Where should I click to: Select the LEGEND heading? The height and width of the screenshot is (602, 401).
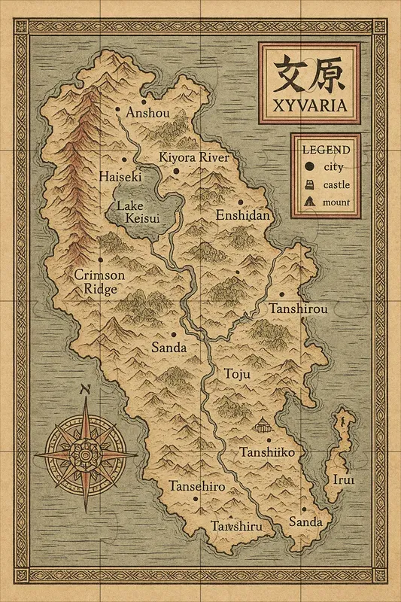point(326,149)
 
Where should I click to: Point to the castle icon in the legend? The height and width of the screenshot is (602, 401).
point(308,184)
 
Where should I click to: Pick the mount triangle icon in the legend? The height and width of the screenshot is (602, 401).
point(308,202)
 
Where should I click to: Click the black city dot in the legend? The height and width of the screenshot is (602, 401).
point(308,167)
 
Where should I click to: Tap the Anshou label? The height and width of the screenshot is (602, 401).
point(148,112)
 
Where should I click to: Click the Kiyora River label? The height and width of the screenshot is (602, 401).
point(193,157)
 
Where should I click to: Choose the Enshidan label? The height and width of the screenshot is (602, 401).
point(242,215)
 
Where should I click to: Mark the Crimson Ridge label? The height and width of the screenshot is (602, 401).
point(99,281)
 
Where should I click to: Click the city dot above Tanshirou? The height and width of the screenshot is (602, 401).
point(281,295)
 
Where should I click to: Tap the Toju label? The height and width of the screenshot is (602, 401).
point(236,374)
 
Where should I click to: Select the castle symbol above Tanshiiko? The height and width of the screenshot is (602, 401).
point(262,426)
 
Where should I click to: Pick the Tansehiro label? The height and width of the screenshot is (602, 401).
point(197,486)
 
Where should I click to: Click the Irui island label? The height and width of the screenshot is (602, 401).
point(343,479)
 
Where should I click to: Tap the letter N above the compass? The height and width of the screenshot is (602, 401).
point(85,389)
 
